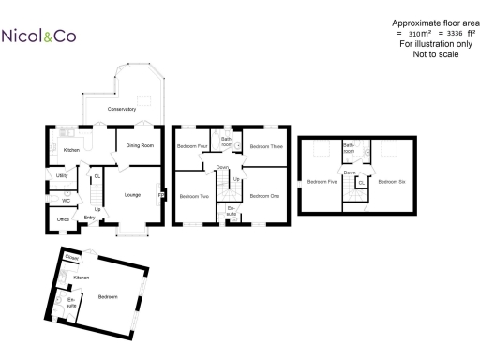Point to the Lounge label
132,194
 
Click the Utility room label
63,175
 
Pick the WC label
66,200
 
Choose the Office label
63,219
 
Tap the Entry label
90,217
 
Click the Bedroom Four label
191,147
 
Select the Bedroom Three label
266,147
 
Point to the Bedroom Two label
194,196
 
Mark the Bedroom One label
264,196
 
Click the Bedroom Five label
321,181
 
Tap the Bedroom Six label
392,181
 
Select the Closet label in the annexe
70,256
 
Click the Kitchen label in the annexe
82,278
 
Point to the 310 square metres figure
408,34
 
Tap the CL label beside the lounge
97,175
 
